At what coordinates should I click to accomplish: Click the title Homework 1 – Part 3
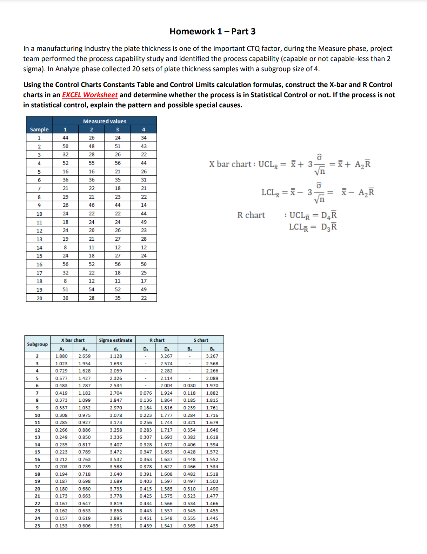(x=212, y=32)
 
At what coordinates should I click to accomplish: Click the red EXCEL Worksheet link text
(x=90, y=95)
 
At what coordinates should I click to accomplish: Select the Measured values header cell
(x=105, y=121)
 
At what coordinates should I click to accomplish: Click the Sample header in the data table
(x=39, y=129)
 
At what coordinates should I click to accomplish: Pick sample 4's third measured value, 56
(x=118, y=163)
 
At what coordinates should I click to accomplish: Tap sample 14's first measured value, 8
(x=65, y=247)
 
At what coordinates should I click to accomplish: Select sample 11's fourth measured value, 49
(x=144, y=222)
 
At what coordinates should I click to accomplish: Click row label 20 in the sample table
(x=39, y=298)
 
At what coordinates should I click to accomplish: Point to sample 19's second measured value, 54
(x=92, y=289)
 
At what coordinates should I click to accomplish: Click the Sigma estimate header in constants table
(x=115, y=340)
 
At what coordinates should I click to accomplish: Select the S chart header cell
(x=201, y=340)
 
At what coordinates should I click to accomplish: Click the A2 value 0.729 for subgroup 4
(x=61, y=371)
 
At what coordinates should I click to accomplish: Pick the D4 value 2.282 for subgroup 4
(x=166, y=371)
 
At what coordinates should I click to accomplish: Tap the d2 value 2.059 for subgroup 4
(x=116, y=371)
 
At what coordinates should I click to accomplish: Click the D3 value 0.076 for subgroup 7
(x=146, y=393)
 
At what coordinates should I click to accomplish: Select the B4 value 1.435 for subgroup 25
(x=212, y=526)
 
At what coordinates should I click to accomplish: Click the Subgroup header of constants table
(x=37, y=344)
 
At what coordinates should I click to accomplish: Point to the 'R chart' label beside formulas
(x=251, y=215)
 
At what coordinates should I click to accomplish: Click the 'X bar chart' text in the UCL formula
(x=230, y=164)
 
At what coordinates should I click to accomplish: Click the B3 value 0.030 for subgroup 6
(x=189, y=386)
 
